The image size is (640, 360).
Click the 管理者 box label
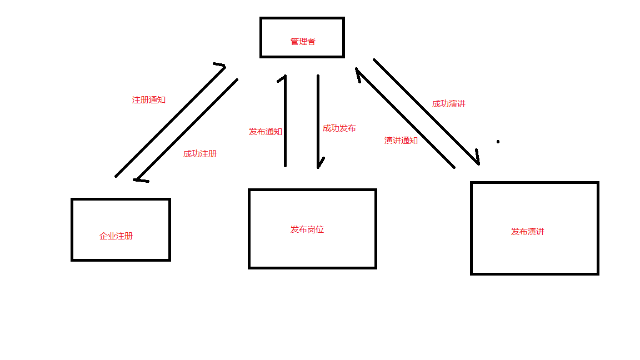pyautogui.click(x=303, y=42)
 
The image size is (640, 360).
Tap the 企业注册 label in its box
pyautogui.click(x=116, y=236)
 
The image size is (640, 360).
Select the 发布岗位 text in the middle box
pyautogui.click(x=307, y=229)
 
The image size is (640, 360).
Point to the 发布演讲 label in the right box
pyautogui.click(x=528, y=232)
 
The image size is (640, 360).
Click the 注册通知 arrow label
pyautogui.click(x=149, y=100)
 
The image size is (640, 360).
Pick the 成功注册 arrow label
pyautogui.click(x=200, y=154)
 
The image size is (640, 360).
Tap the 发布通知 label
pyautogui.click(x=266, y=132)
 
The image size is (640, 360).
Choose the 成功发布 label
pyautogui.click(x=339, y=128)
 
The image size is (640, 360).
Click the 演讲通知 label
pyautogui.click(x=401, y=141)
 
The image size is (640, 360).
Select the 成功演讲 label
pyautogui.click(x=449, y=104)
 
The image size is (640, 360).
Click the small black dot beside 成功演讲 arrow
pyautogui.click(x=498, y=142)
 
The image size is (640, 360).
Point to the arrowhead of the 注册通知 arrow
pyautogui.click(x=223, y=66)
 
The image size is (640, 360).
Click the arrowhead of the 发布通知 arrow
pyautogui.click(x=284, y=77)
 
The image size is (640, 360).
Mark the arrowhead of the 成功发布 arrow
pyautogui.click(x=319, y=165)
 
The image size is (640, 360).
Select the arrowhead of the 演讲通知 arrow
pyautogui.click(x=358, y=71)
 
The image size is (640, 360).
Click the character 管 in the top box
pyautogui.click(x=294, y=42)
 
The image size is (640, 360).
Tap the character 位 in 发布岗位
pyautogui.click(x=320, y=229)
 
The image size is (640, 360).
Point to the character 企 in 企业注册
pyautogui.click(x=103, y=236)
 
